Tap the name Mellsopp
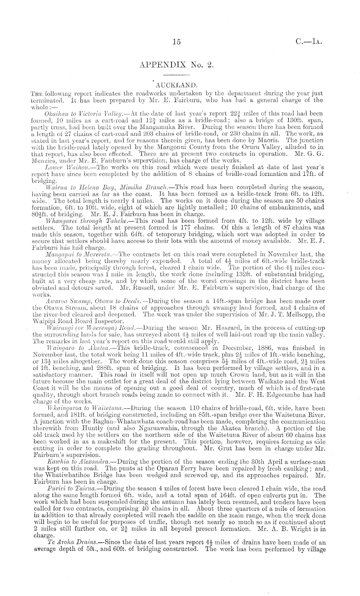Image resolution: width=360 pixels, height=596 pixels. point(292,315)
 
